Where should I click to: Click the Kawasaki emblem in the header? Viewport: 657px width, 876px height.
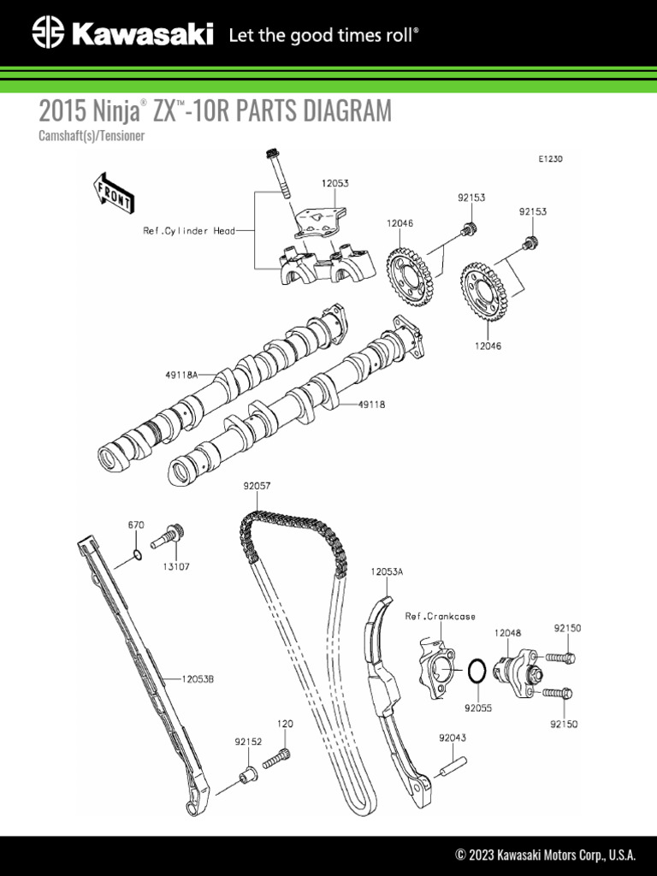pos(48,34)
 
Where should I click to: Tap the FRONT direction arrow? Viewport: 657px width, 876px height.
pos(112,192)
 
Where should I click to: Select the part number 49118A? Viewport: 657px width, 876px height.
pos(181,374)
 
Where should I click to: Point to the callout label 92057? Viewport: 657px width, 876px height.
pos(257,485)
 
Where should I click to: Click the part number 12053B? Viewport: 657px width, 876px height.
pos(197,679)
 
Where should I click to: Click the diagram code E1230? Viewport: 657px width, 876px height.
pos(551,159)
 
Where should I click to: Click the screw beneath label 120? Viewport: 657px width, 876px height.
pos(279,756)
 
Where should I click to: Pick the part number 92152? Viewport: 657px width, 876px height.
pos(248,742)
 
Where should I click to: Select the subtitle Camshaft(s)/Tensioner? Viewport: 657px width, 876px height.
pos(91,136)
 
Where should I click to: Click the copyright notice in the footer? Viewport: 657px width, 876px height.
pos(545,854)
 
